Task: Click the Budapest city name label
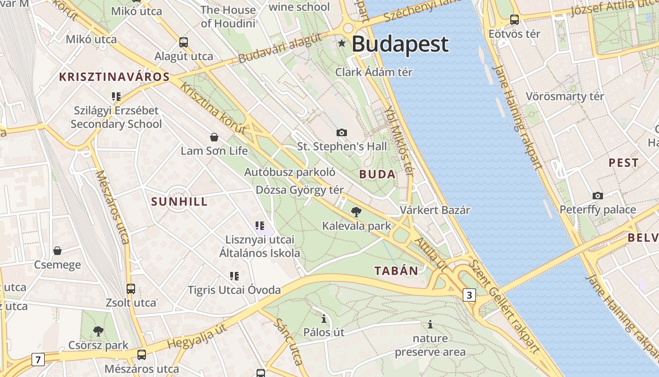coord(400,44)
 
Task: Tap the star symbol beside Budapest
coord(342,44)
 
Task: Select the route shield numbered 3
coord(469,295)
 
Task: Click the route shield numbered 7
coord(38,360)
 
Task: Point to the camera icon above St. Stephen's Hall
coord(342,132)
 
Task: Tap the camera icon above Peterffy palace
coord(597,196)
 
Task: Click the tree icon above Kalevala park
coord(356,212)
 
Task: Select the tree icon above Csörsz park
coord(98,331)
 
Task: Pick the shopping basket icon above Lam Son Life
coord(214,137)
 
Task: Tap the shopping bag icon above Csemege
coord(57,250)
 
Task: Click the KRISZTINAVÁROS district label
coord(114,77)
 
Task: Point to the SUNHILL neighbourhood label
coord(179,202)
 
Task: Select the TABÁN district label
coord(396,270)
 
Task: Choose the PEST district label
coord(623,163)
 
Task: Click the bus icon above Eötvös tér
coord(514,20)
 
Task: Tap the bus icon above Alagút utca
coord(184,42)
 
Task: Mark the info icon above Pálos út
coord(324,318)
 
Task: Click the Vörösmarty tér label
coord(564,97)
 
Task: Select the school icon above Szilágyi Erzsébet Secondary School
coord(116,97)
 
